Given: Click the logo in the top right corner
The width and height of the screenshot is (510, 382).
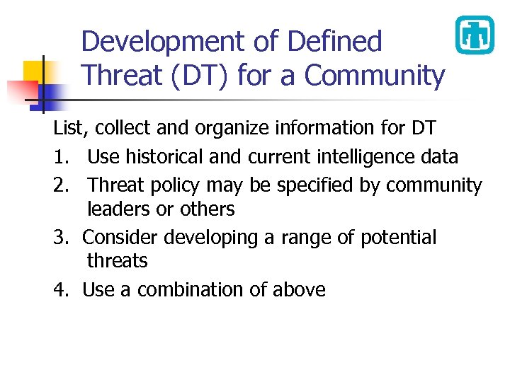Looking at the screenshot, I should [475, 35].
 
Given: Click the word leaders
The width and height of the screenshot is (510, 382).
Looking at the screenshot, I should [120, 209].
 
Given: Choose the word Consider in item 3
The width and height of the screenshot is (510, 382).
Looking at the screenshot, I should [122, 238].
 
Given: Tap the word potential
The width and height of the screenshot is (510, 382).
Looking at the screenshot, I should [398, 238].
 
